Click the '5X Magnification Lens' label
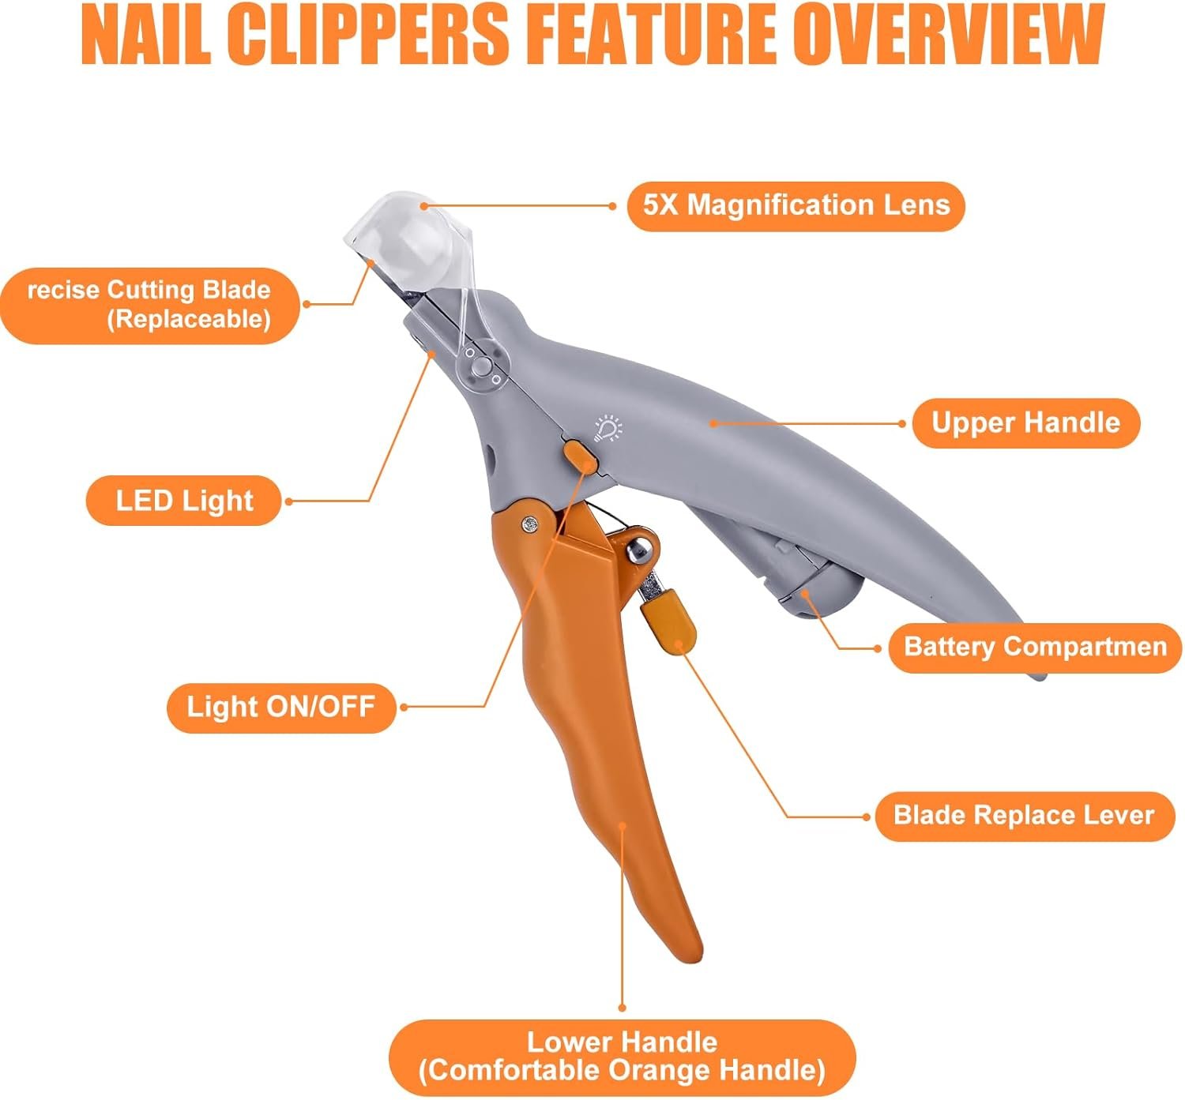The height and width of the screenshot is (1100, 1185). pos(796,206)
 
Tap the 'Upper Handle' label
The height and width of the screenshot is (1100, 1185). pos(1025,423)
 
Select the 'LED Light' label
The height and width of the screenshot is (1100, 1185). pos(183,501)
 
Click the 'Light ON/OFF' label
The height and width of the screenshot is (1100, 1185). pos(280,707)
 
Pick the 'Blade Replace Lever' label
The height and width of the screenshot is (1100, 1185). pos(1024,816)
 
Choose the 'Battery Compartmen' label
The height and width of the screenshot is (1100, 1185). pos(1035,648)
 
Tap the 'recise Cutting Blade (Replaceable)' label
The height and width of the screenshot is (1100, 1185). pos(149,305)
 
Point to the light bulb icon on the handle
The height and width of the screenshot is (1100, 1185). pos(608,427)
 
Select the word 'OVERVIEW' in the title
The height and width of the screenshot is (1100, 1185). pos(945,36)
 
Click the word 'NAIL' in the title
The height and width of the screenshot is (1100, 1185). pos(145,36)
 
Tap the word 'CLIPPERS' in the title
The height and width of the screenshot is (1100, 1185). pos(367,36)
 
